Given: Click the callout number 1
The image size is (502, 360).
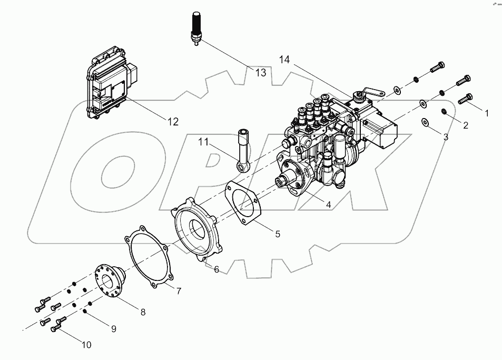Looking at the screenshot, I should pos(487,112).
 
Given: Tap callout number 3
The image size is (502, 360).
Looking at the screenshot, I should pos(445,137).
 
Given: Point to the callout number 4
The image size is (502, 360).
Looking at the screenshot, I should pos(328,205).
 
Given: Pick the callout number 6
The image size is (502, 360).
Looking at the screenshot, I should pos(216,269).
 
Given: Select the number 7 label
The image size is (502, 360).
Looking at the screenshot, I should pos(179,290).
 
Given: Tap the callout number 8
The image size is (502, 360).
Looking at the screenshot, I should pos(142,312).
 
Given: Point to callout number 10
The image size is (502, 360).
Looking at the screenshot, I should pos(86,345).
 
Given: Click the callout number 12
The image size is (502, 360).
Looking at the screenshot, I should pos(173,121).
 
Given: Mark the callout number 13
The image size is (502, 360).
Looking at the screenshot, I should pos(261,73).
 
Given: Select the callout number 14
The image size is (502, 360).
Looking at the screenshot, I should pos(284,60).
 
